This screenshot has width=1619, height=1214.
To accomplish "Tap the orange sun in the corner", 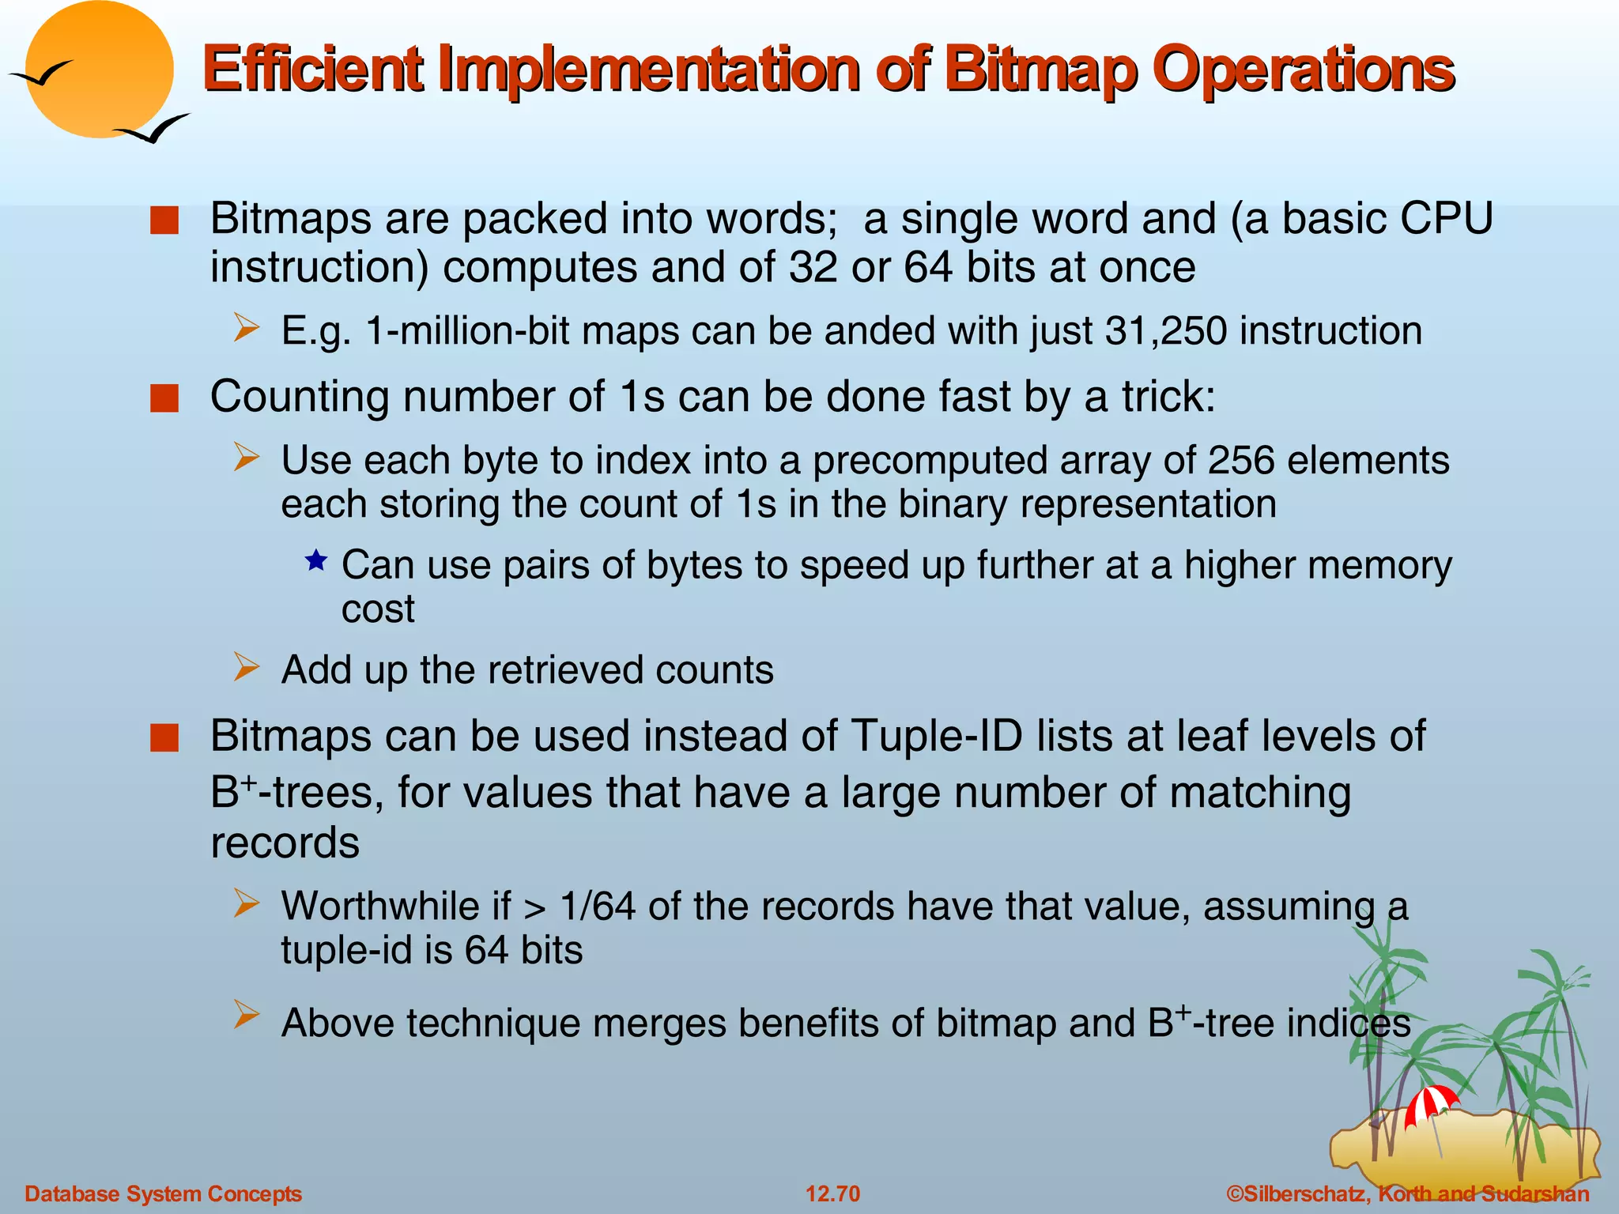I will point(99,70).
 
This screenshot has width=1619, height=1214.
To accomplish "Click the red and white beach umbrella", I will point(1431,1103).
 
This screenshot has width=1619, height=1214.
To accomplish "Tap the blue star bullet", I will point(316,561).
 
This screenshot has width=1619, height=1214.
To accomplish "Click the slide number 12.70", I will point(832,1193).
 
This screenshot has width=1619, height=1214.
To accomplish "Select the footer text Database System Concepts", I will point(164,1193).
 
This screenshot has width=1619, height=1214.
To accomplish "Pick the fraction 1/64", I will point(598,907).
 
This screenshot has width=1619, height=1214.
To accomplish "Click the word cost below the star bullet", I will point(378,609).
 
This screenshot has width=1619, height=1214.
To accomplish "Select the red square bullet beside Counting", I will point(164,398).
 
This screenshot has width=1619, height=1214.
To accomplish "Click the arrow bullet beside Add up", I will point(247,668).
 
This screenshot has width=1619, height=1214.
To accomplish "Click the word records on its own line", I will point(285,843).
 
